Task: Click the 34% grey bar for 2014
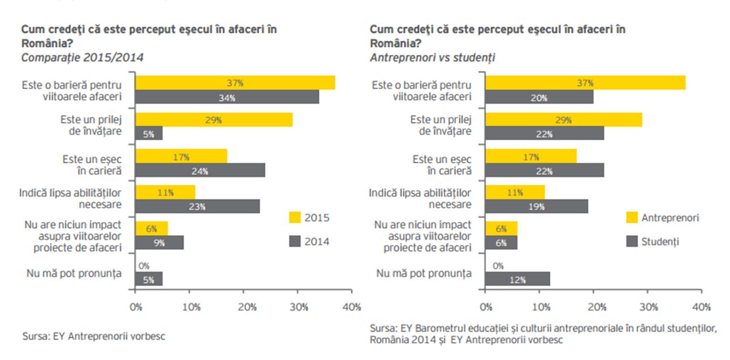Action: (227, 97)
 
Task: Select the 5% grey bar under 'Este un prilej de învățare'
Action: (148, 133)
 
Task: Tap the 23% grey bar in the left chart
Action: (197, 207)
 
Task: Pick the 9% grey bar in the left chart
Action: (159, 242)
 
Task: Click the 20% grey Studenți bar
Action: (539, 97)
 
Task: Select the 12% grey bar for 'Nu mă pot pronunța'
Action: (518, 279)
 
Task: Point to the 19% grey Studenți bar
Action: (536, 207)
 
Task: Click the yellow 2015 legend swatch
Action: (294, 217)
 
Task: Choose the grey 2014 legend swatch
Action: (294, 242)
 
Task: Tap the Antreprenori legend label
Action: (670, 217)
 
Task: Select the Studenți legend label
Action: (660, 242)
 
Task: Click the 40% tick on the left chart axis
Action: (352, 307)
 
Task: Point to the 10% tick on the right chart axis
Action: (540, 307)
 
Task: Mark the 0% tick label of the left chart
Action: (136, 307)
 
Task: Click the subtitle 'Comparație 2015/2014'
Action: (83, 57)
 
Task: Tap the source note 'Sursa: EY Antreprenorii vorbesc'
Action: (93, 336)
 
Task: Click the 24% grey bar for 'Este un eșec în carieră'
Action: (200, 170)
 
